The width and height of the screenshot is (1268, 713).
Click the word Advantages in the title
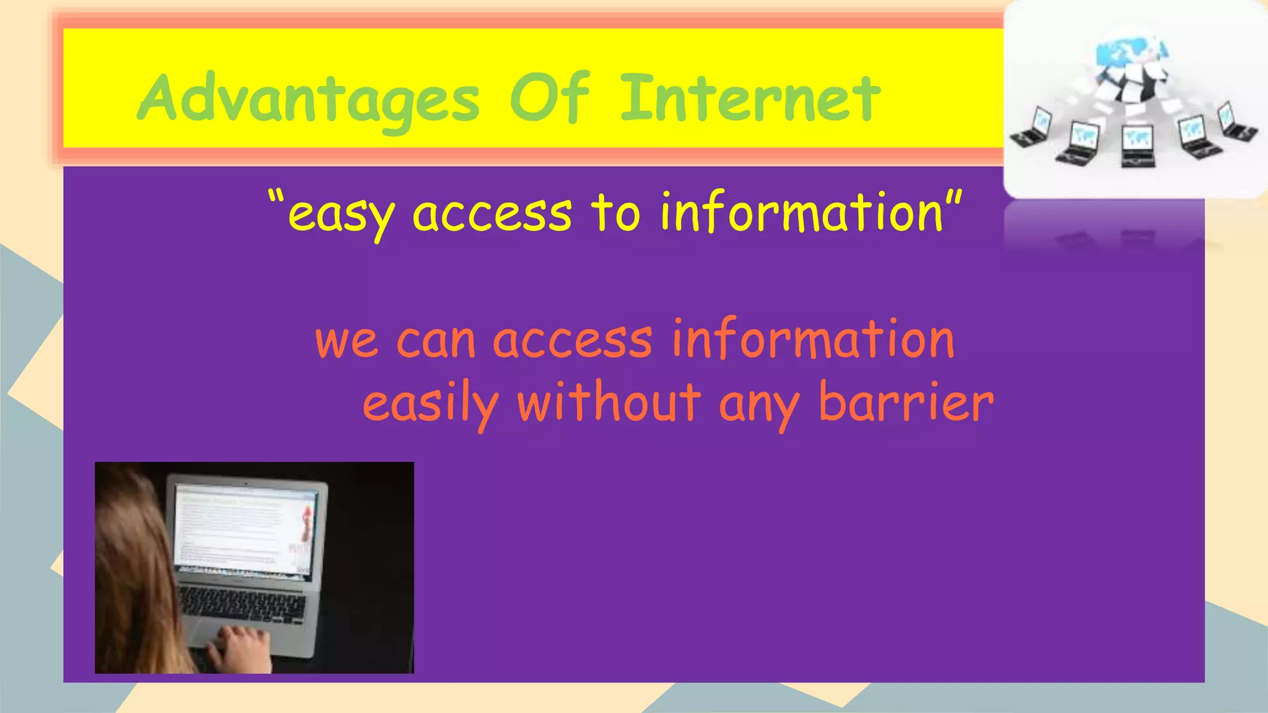(x=308, y=99)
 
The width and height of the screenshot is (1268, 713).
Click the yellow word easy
(x=341, y=215)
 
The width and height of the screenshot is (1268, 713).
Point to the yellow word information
(x=802, y=213)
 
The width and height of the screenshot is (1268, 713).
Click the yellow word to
(x=615, y=213)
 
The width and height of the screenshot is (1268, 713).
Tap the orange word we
(x=346, y=342)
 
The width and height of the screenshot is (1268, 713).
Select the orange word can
(x=435, y=342)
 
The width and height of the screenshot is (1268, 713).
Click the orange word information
(x=813, y=339)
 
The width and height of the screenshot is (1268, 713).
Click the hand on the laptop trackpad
(x=240, y=647)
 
